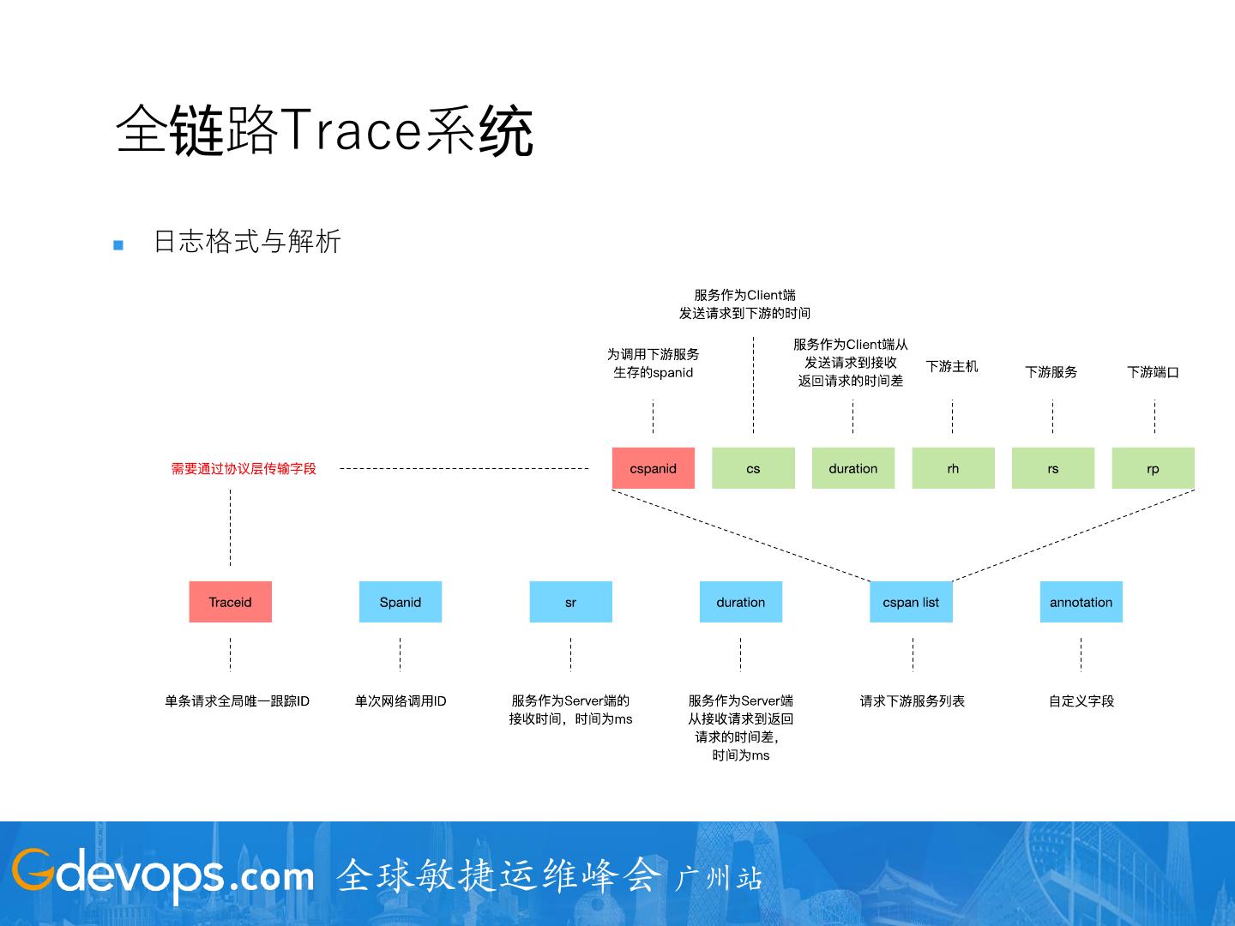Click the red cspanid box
tap(653, 468)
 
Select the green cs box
tap(753, 468)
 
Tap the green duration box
tap(852, 468)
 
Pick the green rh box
tap(953, 468)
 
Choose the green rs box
tap(1052, 468)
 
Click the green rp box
tap(1153, 468)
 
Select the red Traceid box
tap(230, 602)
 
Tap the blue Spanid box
tap(400, 602)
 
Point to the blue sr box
tap(570, 602)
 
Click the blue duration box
tap(740, 602)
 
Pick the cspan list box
tap(911, 602)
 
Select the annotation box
tap(1081, 602)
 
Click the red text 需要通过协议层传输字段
tap(244, 469)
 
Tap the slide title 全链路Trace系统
tap(324, 131)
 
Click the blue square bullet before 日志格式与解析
tap(118, 245)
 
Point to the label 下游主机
tap(952, 366)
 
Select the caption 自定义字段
tap(1081, 701)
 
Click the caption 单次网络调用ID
tap(401, 701)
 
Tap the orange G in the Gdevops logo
tap(33, 870)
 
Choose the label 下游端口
tap(1153, 372)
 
